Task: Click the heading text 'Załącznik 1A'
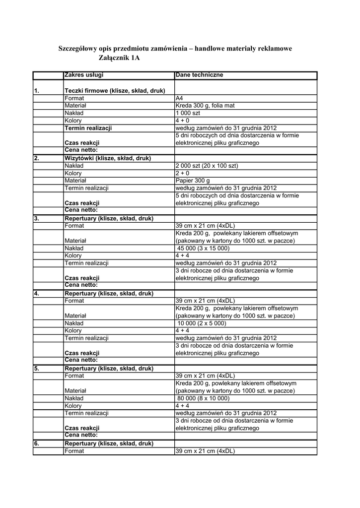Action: click(x=120, y=59)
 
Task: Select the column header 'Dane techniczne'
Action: click(x=199, y=75)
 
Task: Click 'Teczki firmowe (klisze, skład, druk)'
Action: click(x=115, y=91)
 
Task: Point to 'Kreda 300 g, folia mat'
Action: click(x=205, y=106)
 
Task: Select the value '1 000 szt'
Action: click(x=188, y=113)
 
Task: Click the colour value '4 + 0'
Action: click(x=182, y=121)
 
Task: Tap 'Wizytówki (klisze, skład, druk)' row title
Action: click(x=108, y=158)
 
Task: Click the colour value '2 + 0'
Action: click(x=182, y=173)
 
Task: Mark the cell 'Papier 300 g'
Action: click(x=193, y=181)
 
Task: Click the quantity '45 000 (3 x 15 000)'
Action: click(x=204, y=248)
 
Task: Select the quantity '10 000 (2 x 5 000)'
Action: click(x=202, y=323)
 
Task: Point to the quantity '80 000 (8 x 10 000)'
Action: click(x=204, y=398)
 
